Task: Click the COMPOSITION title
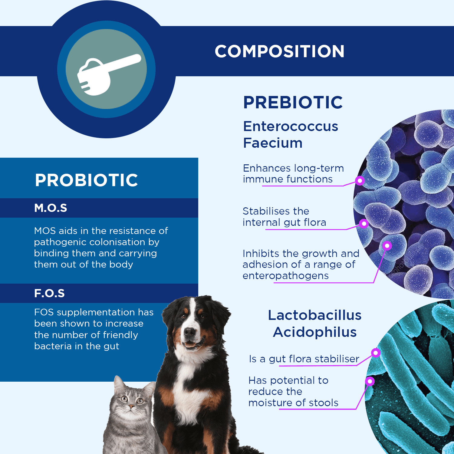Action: click(279, 51)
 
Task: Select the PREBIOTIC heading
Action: click(293, 102)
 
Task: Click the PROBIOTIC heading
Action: click(86, 180)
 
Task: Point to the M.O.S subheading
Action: click(51, 208)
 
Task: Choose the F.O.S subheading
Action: click(49, 293)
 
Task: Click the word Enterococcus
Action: click(291, 126)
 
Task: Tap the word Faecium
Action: click(273, 143)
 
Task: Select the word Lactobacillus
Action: click(314, 315)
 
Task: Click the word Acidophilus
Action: click(314, 332)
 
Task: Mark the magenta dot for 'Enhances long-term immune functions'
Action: click(360, 181)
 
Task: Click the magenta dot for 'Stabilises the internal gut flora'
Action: click(364, 224)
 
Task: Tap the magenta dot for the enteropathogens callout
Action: click(387, 246)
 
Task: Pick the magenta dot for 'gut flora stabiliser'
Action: click(376, 353)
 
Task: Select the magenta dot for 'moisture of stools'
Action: click(370, 381)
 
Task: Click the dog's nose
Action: click(190, 332)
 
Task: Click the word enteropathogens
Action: click(285, 276)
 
